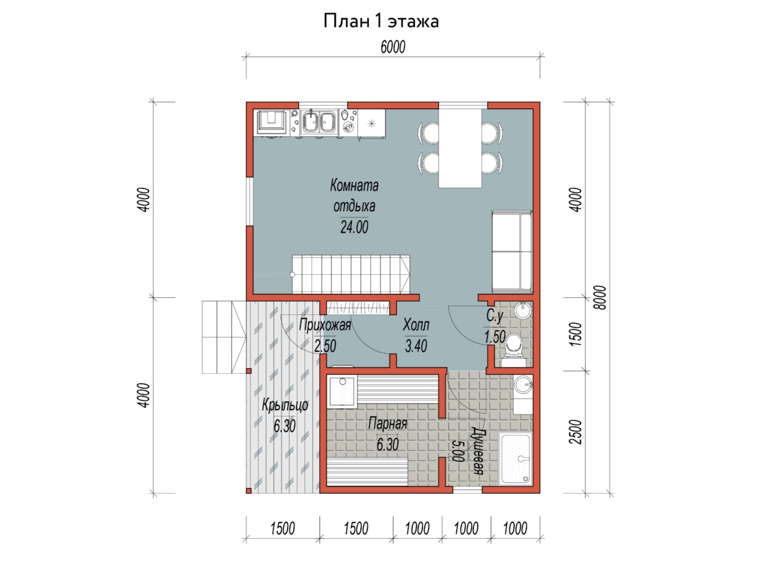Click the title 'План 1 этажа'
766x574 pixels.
(x=380, y=21)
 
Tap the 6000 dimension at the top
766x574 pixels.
(x=393, y=47)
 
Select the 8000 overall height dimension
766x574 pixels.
(x=600, y=297)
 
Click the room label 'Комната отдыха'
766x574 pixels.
(x=354, y=196)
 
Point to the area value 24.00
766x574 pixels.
(x=354, y=227)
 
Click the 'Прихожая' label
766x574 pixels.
(x=325, y=325)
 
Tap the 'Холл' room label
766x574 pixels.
(x=416, y=325)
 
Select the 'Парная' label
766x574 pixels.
(x=387, y=423)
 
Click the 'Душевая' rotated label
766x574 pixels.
(x=477, y=451)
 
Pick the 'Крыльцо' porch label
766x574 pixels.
(x=285, y=406)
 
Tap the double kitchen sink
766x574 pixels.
(x=319, y=122)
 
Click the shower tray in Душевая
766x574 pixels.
(x=515, y=459)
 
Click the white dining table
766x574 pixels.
(x=460, y=148)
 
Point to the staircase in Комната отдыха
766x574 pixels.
(x=350, y=274)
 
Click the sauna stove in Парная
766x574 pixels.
(x=342, y=392)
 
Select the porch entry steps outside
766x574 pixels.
(x=224, y=337)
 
